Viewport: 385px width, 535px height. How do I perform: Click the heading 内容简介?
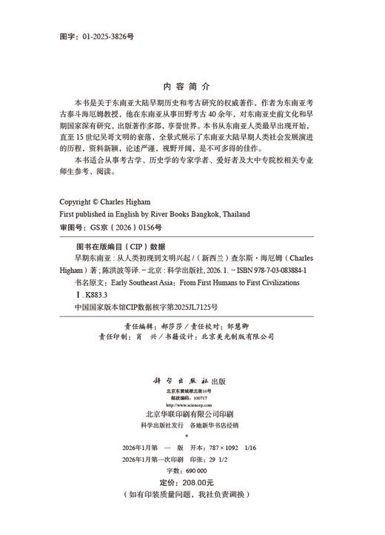click(x=192, y=85)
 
